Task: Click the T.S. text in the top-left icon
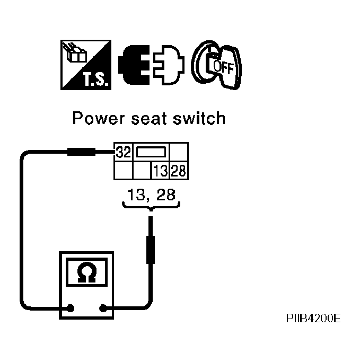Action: pyautogui.click(x=95, y=79)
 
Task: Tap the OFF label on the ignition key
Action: pyautogui.click(x=223, y=67)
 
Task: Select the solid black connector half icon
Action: pyautogui.click(x=134, y=65)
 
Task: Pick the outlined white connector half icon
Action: pyautogui.click(x=169, y=65)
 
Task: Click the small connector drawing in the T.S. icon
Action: pyautogui.click(x=74, y=53)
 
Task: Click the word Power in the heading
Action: pyautogui.click(x=99, y=118)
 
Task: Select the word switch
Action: pyautogui.click(x=199, y=118)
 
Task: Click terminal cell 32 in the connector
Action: pyautogui.click(x=124, y=152)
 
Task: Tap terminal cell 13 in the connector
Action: pyautogui.click(x=160, y=171)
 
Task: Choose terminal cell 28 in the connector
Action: pyautogui.click(x=179, y=171)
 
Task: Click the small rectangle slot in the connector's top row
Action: pyautogui.click(x=151, y=152)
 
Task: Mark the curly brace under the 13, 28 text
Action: pyautogui.click(x=151, y=206)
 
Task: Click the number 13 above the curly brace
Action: pyautogui.click(x=136, y=195)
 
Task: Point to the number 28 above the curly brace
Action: pyautogui.click(x=166, y=195)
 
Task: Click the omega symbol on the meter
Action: pyautogui.click(x=86, y=272)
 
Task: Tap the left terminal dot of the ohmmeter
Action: pyautogui.click(x=70, y=308)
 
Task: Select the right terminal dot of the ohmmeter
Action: pyautogui.click(x=103, y=308)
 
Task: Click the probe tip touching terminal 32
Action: pyautogui.click(x=115, y=152)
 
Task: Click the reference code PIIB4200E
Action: pyautogui.click(x=313, y=319)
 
